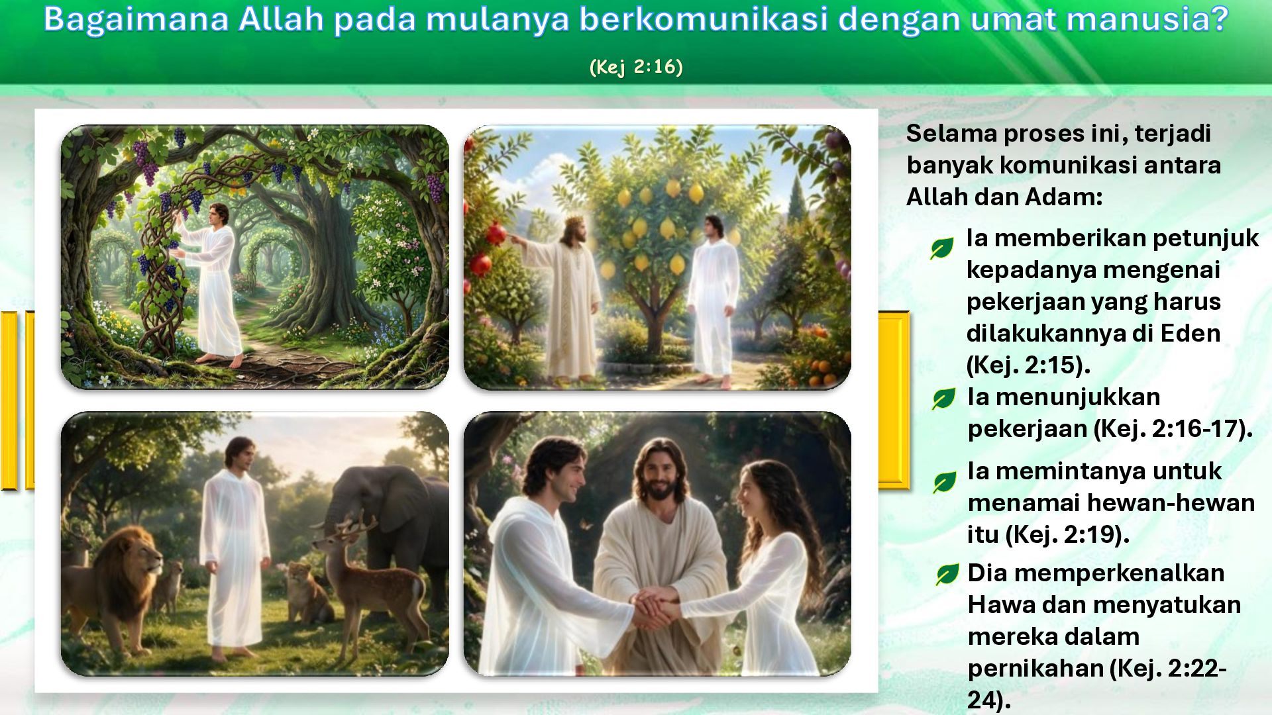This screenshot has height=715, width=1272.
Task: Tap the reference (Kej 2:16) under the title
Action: click(x=636, y=67)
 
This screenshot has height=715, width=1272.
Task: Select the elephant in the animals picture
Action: click(x=391, y=530)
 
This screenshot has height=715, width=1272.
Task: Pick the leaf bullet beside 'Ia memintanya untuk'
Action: click(x=944, y=483)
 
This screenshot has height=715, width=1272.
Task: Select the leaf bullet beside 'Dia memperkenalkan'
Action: click(x=947, y=574)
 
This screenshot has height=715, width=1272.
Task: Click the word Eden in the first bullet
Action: click(x=1191, y=333)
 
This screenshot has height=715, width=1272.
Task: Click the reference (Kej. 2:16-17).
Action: click(x=1173, y=429)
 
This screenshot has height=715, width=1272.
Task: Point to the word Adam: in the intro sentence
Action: click(x=1063, y=197)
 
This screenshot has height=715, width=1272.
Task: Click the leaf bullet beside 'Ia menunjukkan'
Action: click(x=943, y=399)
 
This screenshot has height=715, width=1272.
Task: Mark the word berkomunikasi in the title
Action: click(x=704, y=19)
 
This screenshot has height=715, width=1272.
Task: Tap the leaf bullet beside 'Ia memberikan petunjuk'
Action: click(x=941, y=248)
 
